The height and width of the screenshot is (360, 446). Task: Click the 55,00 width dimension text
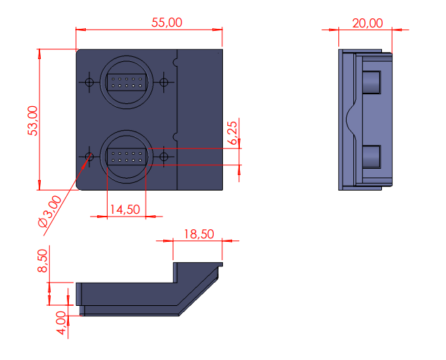[167, 22]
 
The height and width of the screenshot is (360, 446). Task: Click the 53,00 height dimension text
[32, 120]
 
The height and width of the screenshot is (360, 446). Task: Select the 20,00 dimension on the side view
[367, 23]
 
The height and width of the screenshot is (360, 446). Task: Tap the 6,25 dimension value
[232, 133]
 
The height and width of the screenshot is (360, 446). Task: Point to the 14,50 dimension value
[125, 210]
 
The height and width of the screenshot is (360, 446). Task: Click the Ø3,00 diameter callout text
[50, 211]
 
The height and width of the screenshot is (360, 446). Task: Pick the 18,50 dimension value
[199, 234]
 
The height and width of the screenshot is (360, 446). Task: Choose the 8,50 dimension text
[43, 261]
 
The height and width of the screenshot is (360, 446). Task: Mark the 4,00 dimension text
[61, 323]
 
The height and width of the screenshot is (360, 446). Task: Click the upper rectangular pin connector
[127, 82]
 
